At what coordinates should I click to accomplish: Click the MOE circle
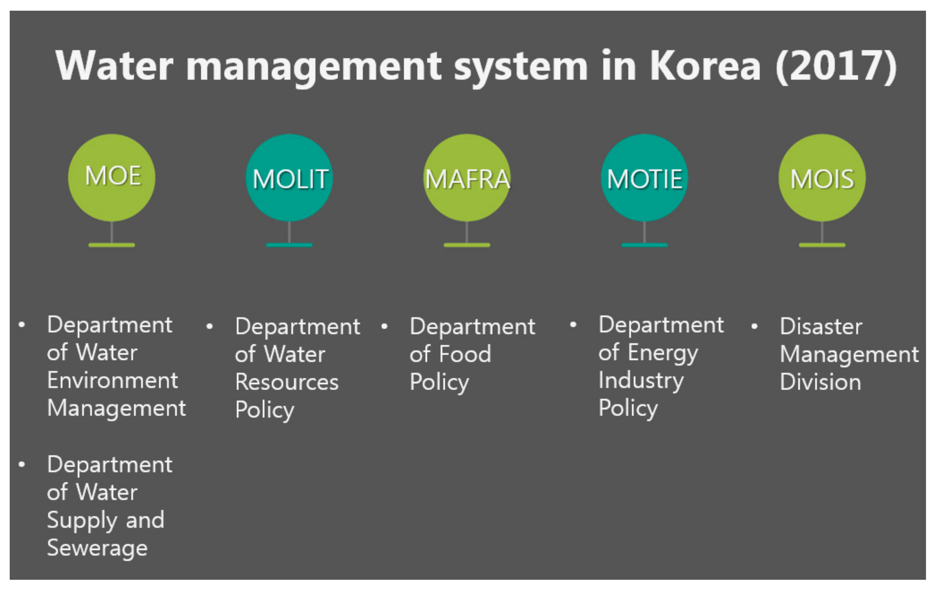(112, 178)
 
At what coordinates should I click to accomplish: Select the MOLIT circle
(289, 178)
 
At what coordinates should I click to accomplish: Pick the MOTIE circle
(644, 178)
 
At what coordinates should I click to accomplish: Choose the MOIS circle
(822, 178)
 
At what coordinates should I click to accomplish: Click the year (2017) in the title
(836, 66)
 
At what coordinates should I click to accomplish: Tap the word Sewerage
(97, 548)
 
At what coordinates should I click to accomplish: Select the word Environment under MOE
(112, 380)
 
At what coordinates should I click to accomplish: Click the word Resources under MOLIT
(287, 382)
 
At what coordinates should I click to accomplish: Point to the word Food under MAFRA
(465, 354)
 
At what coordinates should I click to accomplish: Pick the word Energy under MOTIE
(663, 353)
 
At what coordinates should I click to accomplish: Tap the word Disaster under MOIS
(821, 326)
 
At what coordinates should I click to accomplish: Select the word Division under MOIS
(820, 382)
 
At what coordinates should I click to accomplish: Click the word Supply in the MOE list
(81, 521)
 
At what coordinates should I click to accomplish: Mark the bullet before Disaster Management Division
(754, 326)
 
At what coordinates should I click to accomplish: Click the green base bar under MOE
(112, 245)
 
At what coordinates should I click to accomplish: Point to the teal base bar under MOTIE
(644, 245)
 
